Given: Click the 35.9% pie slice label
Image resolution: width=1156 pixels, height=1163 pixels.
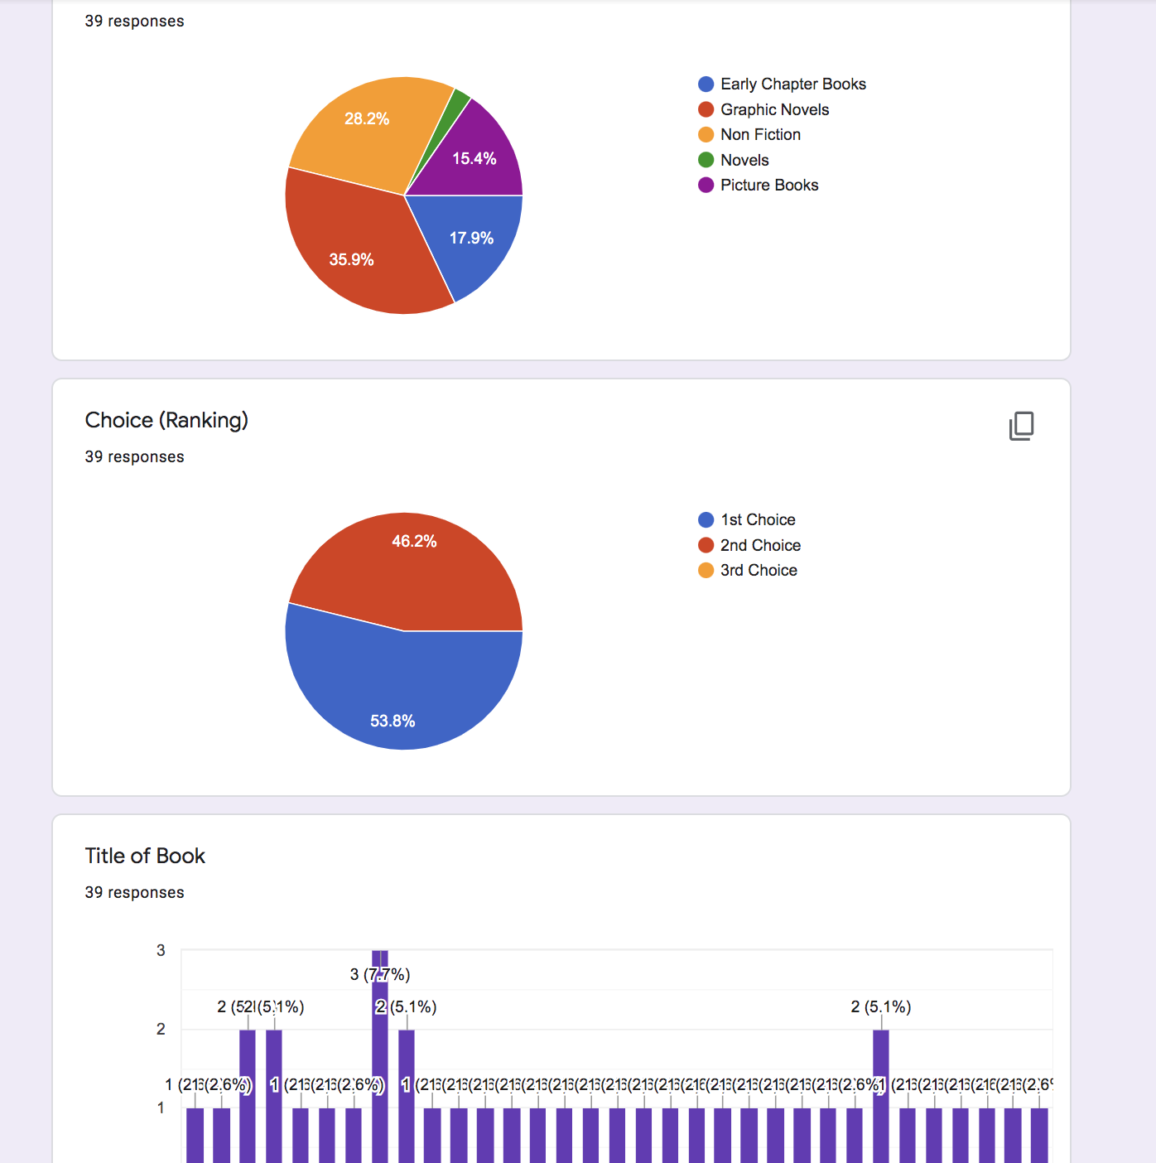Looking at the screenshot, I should tap(351, 259).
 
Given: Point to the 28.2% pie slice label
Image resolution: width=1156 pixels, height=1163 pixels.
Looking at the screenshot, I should tap(367, 118).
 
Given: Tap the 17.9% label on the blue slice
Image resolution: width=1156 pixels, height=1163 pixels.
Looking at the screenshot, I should tap(471, 238).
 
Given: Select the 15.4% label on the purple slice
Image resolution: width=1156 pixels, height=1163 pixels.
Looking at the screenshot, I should tap(474, 158).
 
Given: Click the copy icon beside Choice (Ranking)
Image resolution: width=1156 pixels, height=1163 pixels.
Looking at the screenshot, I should tap(1021, 426).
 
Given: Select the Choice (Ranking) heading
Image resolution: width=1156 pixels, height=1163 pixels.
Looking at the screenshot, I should tap(166, 420).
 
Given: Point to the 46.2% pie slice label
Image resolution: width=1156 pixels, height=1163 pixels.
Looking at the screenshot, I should tap(414, 541).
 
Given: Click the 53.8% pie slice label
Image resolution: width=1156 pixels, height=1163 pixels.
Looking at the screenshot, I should tap(393, 721).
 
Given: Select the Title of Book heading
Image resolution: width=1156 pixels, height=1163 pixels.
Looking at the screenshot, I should tap(145, 856).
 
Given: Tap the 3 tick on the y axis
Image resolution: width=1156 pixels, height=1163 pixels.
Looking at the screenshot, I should tap(161, 950).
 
